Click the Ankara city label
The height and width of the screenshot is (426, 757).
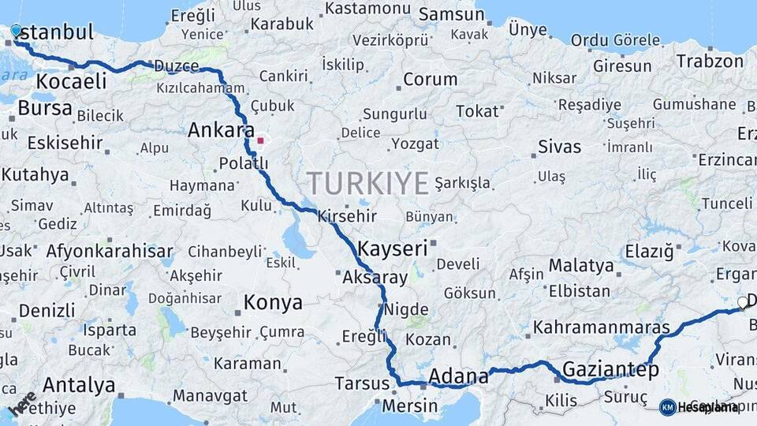coord(221,130)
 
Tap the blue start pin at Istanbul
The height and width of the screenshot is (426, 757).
coord(16,31)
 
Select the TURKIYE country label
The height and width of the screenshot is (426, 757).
coord(367,183)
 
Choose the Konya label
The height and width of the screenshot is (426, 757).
coord(273,302)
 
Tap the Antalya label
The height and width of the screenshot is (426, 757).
coord(79,386)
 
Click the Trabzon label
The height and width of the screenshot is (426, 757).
coord(710,61)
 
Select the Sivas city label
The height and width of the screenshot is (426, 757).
coord(559,147)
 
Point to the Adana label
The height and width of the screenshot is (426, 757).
coord(458,377)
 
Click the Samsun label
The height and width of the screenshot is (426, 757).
coord(451,14)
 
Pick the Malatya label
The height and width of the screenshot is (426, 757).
coord(581,265)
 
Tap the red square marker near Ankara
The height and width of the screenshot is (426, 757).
coord(260,140)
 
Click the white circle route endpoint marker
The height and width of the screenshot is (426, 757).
coord(742,302)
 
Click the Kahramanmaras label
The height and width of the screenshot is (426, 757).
coord(601,327)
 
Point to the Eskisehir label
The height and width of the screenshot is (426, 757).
coord(65,144)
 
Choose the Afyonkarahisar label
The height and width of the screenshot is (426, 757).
coord(110,252)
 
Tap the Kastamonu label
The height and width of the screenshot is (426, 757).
coord(364,8)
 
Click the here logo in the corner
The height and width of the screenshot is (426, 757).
coord(22,403)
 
